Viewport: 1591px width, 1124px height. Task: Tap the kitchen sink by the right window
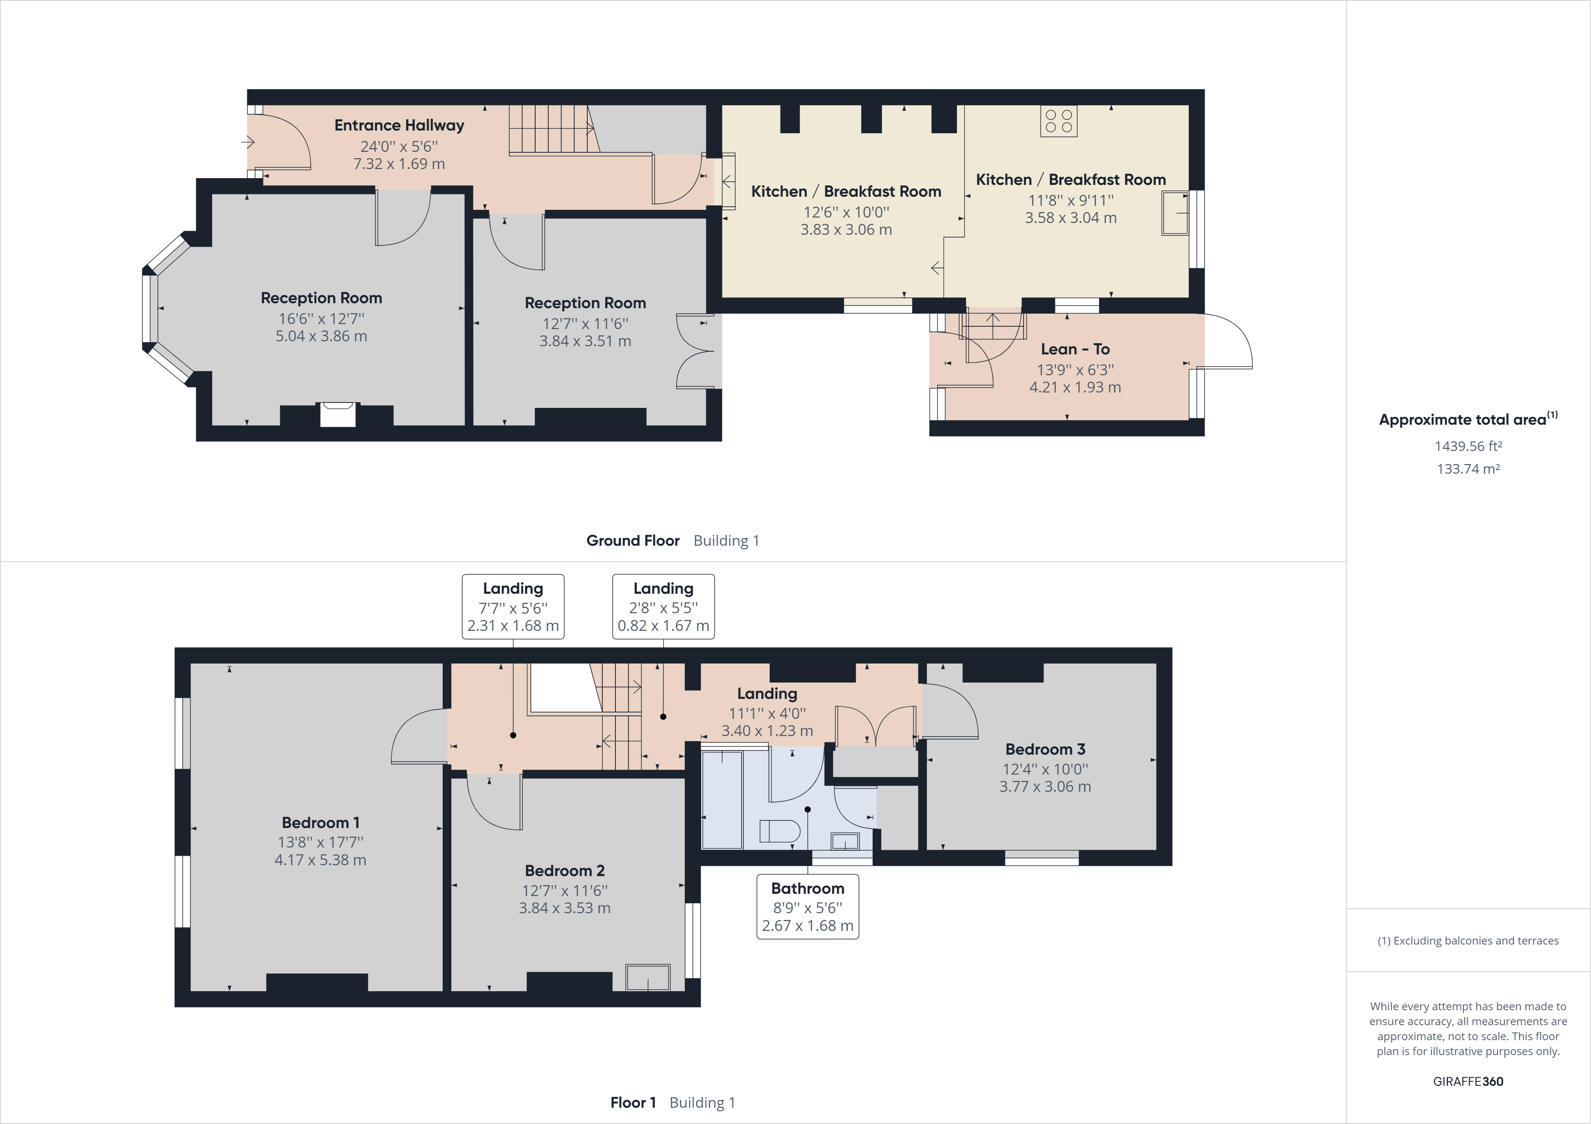pyautogui.click(x=1175, y=213)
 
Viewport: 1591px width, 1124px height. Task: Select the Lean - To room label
pyautogui.click(x=1075, y=349)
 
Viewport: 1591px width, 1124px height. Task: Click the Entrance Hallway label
pyautogui.click(x=399, y=126)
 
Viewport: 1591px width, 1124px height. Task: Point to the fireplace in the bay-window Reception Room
pyautogui.click(x=337, y=414)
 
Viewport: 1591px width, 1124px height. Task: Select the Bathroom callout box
pyautogui.click(x=807, y=906)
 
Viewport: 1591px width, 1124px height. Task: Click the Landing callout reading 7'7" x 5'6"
pyautogui.click(x=513, y=607)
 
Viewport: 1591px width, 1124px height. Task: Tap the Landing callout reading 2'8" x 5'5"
pyautogui.click(x=663, y=607)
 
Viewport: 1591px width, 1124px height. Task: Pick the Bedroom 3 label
pyautogui.click(x=1045, y=749)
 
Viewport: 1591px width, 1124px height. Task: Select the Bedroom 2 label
pyautogui.click(x=564, y=871)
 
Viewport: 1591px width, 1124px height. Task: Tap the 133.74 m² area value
pyautogui.click(x=1468, y=469)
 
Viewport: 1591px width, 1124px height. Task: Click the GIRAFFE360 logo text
pyautogui.click(x=1468, y=1081)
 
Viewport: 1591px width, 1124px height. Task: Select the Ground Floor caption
pyautogui.click(x=633, y=541)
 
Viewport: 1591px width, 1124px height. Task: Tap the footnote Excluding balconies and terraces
pyautogui.click(x=1468, y=940)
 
